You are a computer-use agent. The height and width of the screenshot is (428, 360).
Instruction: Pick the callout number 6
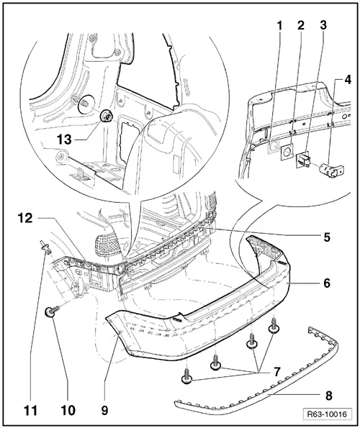point(327,283)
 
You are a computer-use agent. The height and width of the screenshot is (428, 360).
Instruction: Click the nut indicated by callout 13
point(105,115)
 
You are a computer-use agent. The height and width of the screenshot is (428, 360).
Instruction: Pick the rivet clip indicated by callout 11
point(45,249)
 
